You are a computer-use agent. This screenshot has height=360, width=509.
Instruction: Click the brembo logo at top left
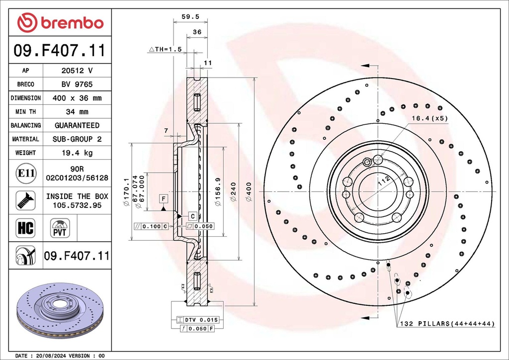[x=60, y=22]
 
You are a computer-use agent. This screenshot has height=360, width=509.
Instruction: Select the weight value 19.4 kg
[x=77, y=153]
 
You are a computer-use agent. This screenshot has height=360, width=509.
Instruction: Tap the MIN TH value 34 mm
[x=77, y=112]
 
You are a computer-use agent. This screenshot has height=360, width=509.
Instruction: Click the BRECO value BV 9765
[x=77, y=85]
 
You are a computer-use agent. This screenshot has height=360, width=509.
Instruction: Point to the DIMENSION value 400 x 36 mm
[x=77, y=98]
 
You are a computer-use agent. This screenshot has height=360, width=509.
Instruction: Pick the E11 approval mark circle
[x=25, y=173]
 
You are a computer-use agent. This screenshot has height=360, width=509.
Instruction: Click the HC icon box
[x=25, y=228]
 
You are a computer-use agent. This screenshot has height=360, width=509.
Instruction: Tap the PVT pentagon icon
[x=60, y=229]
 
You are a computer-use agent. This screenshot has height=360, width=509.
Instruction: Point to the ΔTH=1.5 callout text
[x=166, y=49]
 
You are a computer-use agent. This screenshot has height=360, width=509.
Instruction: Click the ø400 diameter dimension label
[x=249, y=191]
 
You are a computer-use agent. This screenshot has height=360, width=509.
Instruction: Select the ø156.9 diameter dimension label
[x=217, y=191]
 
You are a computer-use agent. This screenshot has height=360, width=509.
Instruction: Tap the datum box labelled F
[x=163, y=199]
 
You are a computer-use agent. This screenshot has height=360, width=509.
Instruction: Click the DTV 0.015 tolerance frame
[x=197, y=319]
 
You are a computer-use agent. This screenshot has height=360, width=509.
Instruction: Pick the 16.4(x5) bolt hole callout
[x=430, y=118]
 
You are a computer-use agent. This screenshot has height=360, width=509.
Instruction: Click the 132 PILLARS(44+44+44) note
[x=447, y=324]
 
